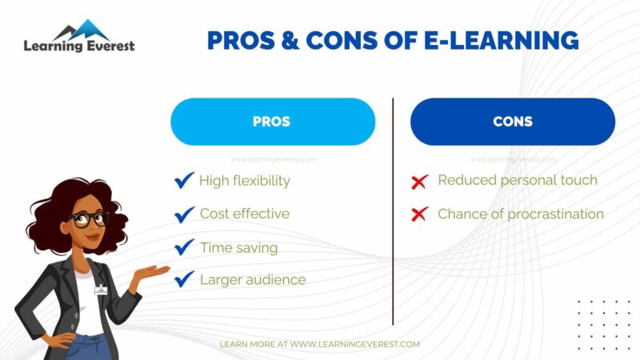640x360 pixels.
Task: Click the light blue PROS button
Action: point(272,122)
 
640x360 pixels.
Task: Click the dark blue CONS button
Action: point(512,122)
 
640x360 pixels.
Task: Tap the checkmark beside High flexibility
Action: point(185,181)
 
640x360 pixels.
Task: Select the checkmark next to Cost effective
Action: point(185,214)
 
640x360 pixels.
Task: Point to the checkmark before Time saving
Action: point(185,247)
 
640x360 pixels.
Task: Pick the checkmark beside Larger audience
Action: point(185,279)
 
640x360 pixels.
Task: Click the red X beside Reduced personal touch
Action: point(419,182)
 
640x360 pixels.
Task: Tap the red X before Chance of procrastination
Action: point(419,214)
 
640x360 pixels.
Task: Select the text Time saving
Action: point(238,247)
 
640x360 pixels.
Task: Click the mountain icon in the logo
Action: point(80,29)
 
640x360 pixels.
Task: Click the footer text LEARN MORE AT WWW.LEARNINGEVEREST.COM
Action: point(320,344)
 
